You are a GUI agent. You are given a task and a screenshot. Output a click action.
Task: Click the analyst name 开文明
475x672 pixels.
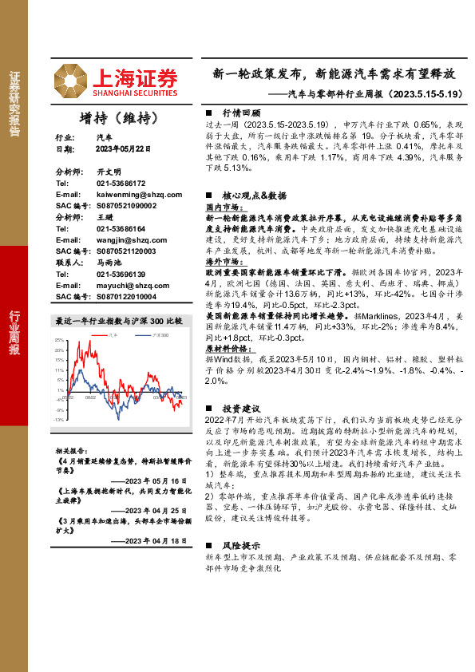click(109, 172)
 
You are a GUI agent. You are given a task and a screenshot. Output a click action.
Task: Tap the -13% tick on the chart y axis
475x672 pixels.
click(59, 419)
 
